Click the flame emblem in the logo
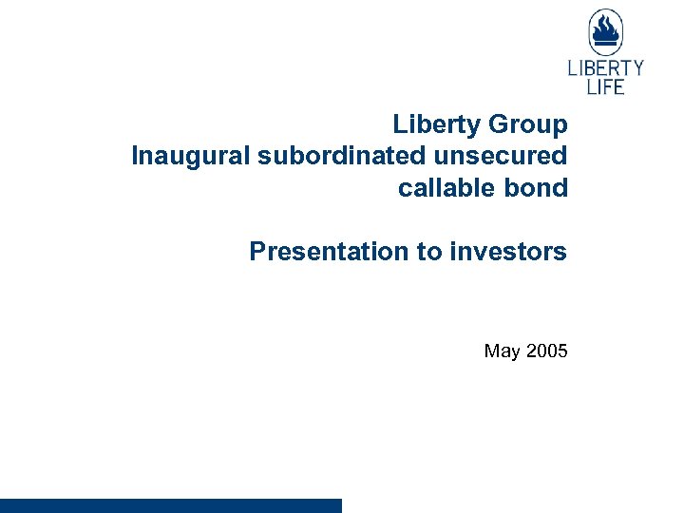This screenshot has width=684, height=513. pos(605,33)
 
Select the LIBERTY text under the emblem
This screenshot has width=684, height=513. pos(605,68)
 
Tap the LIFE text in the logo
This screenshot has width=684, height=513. pos(605,86)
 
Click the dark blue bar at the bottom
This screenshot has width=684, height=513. pos(171,505)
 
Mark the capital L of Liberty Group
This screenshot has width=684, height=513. pos(399,124)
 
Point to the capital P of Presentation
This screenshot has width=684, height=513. pos(257,252)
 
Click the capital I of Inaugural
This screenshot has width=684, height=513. pos(135,156)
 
